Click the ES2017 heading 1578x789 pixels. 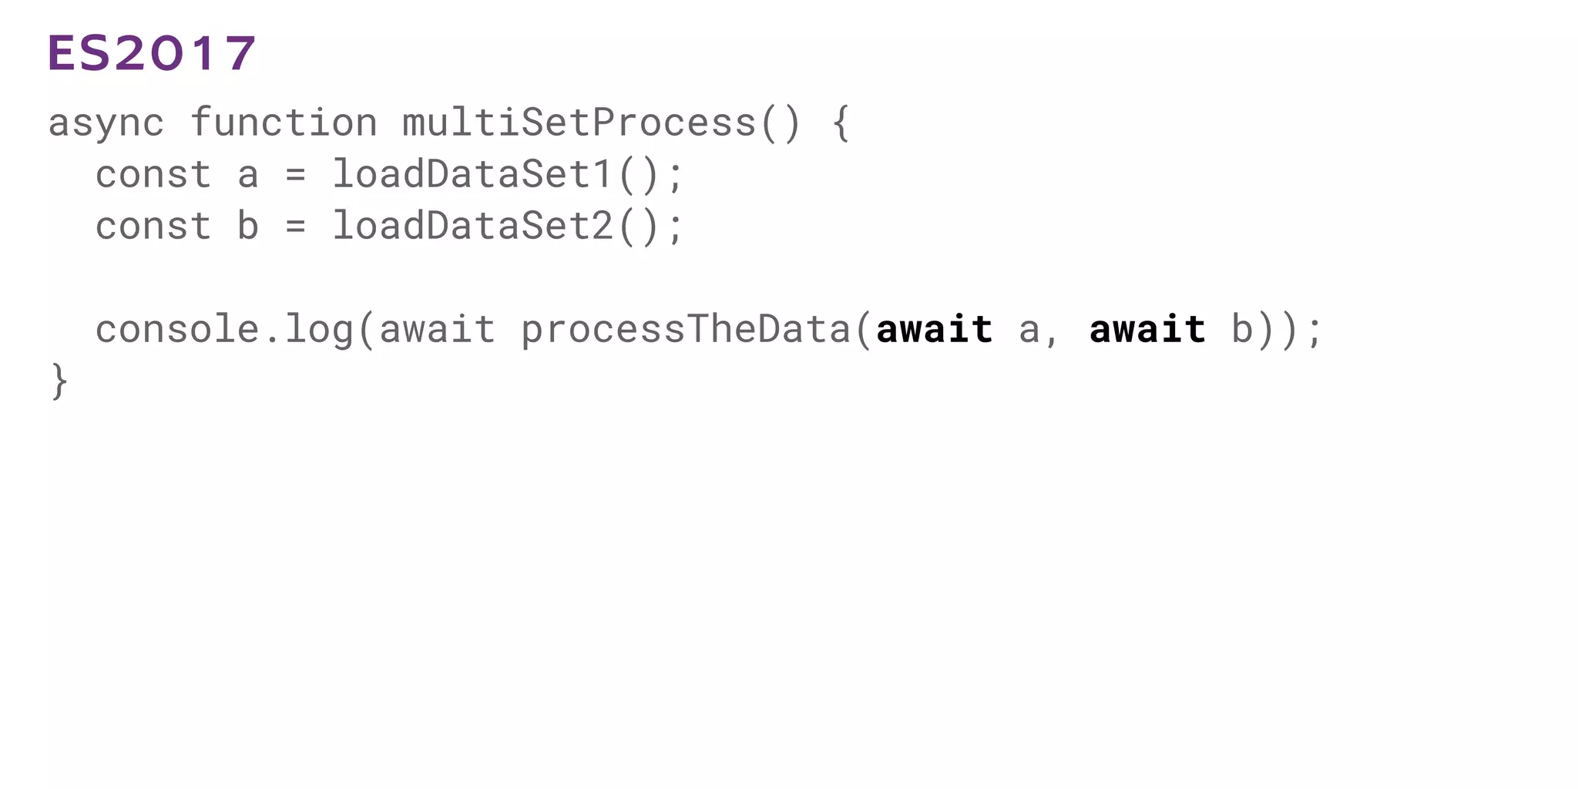tap(152, 54)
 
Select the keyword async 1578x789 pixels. tap(106, 123)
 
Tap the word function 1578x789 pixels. tap(284, 123)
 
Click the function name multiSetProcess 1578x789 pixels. tap(579, 123)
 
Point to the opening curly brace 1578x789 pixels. tap(841, 123)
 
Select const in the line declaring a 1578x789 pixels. tap(153, 175)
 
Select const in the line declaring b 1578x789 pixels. tap(153, 227)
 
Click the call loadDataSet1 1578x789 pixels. tap(472, 175)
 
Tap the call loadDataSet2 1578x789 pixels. tap(472, 227)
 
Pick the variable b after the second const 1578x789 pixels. tap(247, 227)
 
